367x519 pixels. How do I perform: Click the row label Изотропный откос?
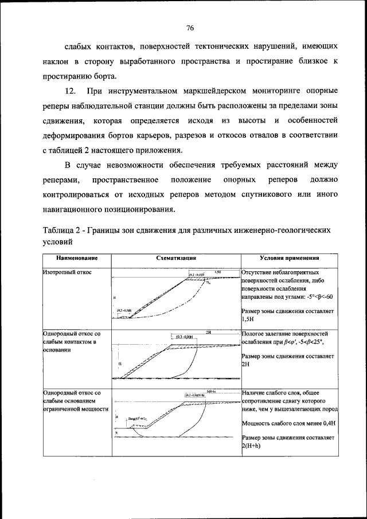click(x=67, y=273)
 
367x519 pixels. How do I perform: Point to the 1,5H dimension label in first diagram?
click(x=218, y=272)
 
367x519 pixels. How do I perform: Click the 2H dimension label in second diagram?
click(x=209, y=332)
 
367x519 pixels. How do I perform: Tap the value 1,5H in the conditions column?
click(x=248, y=319)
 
